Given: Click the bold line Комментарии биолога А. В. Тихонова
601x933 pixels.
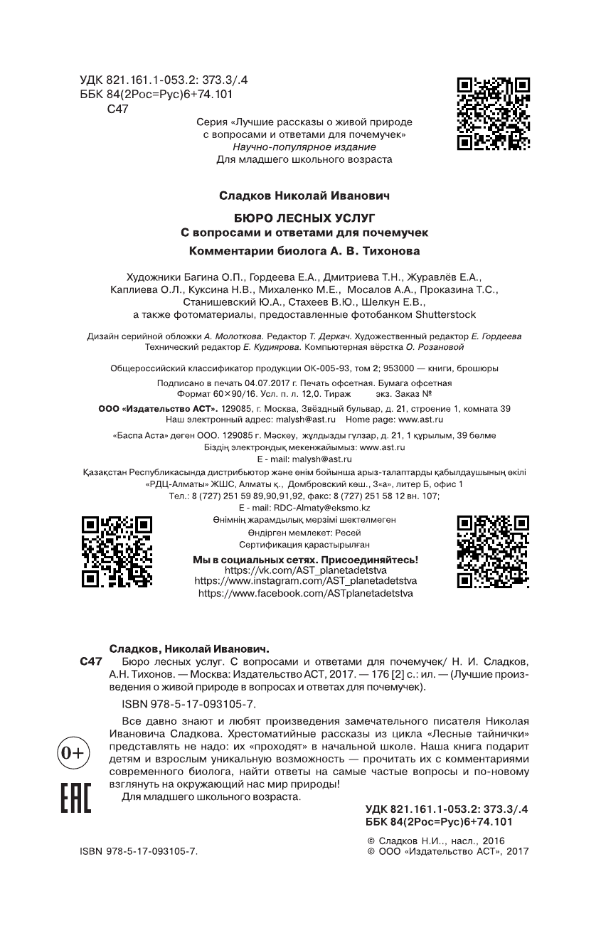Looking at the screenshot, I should (x=304, y=250).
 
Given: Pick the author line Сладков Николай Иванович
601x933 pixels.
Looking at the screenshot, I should (x=304, y=193).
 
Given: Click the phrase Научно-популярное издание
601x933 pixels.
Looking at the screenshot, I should (x=304, y=146).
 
